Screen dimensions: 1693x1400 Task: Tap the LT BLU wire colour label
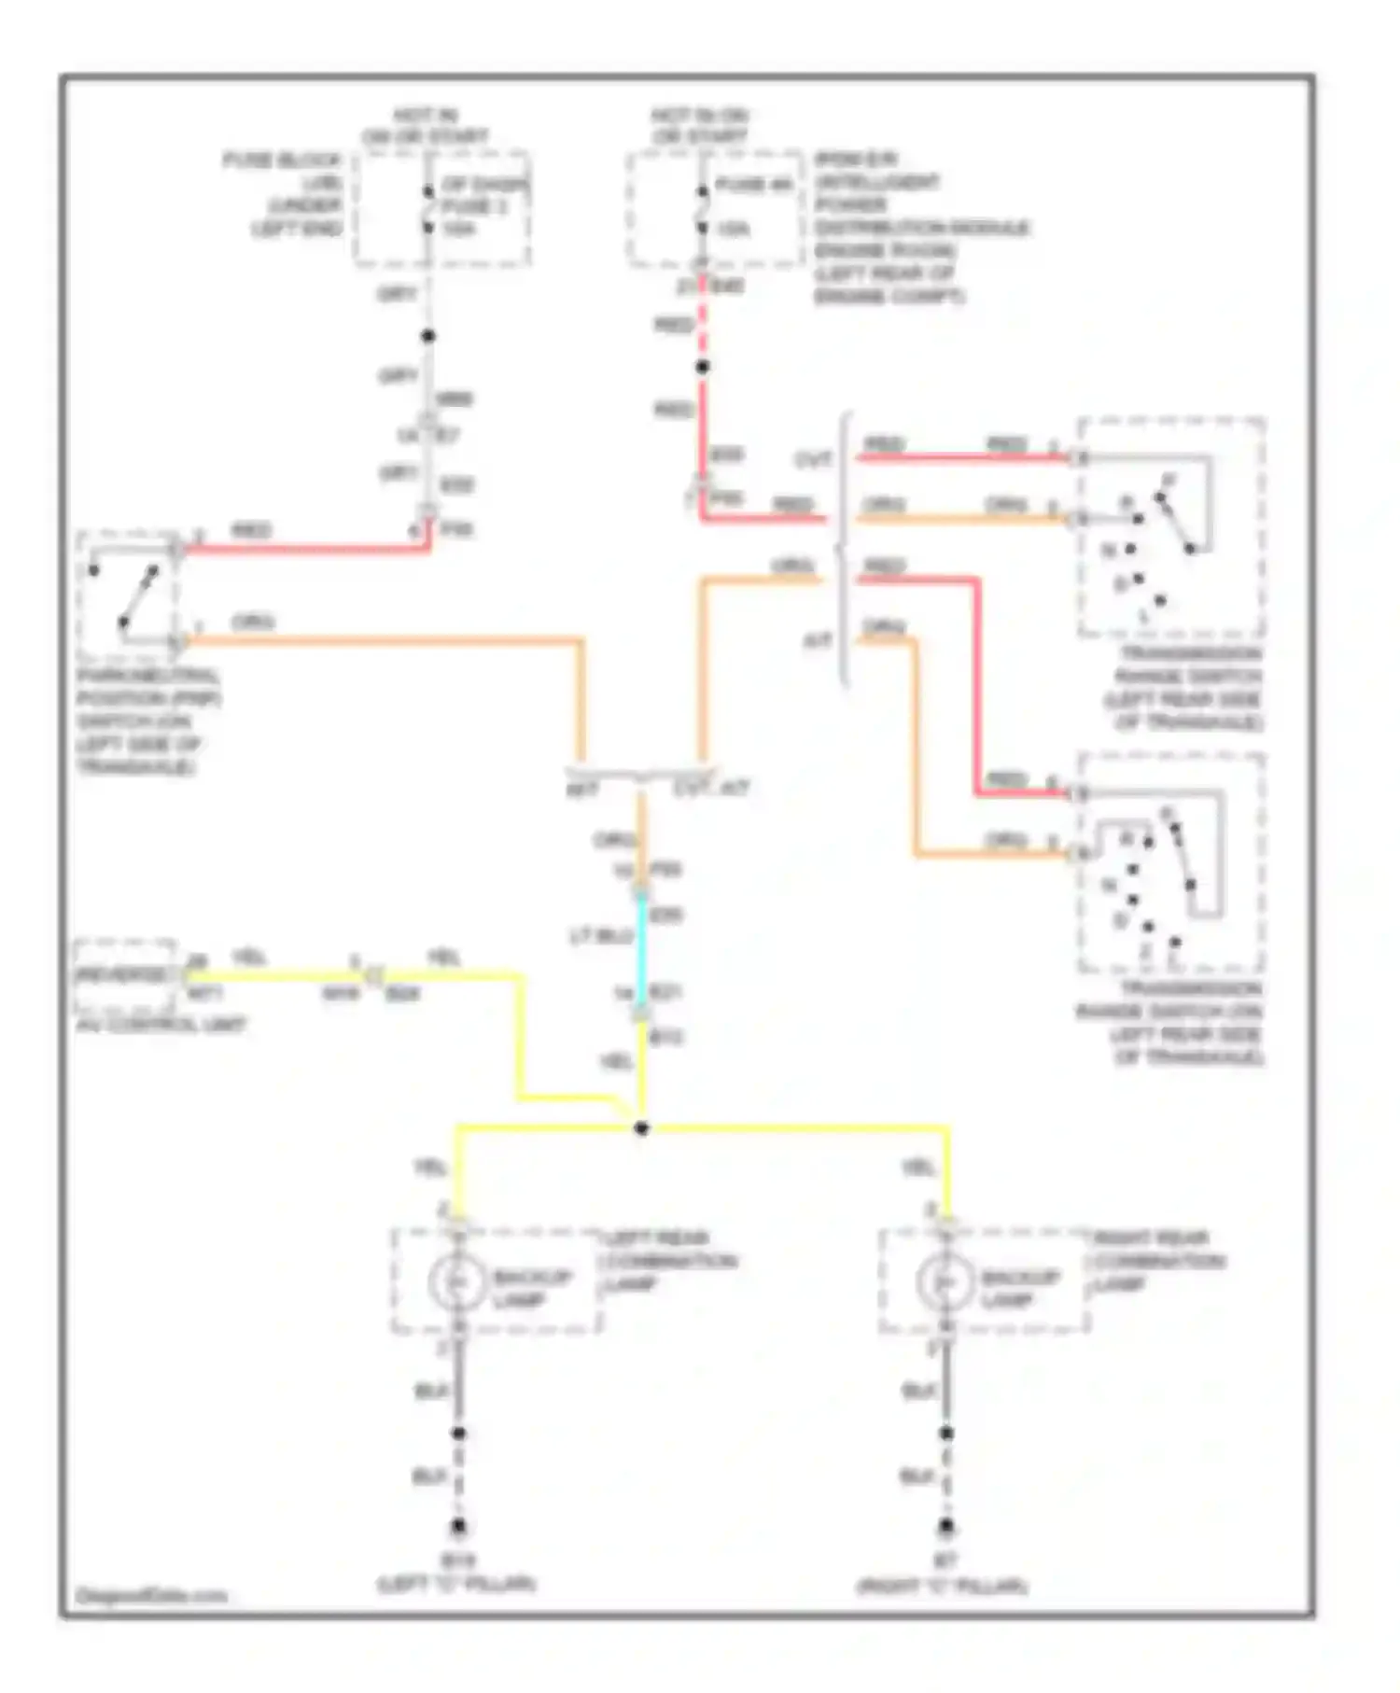pyautogui.click(x=602, y=935)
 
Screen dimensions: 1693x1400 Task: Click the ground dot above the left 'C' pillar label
pyautogui.click(x=458, y=1527)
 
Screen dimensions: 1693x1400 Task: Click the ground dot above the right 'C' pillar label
pyautogui.click(x=946, y=1527)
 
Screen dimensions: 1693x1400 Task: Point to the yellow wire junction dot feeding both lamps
pyautogui.click(x=641, y=1128)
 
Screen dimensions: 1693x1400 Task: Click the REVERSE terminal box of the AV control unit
pyautogui.click(x=124, y=975)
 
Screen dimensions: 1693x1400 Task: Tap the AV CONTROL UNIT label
pyautogui.click(x=161, y=1025)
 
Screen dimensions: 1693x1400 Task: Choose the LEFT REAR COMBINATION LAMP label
pyautogui.click(x=670, y=1261)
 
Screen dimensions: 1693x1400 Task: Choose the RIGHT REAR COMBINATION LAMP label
pyautogui.click(x=1157, y=1261)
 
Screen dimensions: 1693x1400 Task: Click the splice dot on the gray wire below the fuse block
pyautogui.click(x=428, y=336)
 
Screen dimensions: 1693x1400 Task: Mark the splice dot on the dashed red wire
pyautogui.click(x=703, y=367)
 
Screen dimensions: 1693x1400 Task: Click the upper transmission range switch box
pyautogui.click(x=1171, y=527)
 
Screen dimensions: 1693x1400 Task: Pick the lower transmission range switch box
pyautogui.click(x=1171, y=863)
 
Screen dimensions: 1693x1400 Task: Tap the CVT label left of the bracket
pyautogui.click(x=813, y=460)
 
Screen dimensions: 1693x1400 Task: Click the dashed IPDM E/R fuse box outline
pyautogui.click(x=715, y=209)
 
